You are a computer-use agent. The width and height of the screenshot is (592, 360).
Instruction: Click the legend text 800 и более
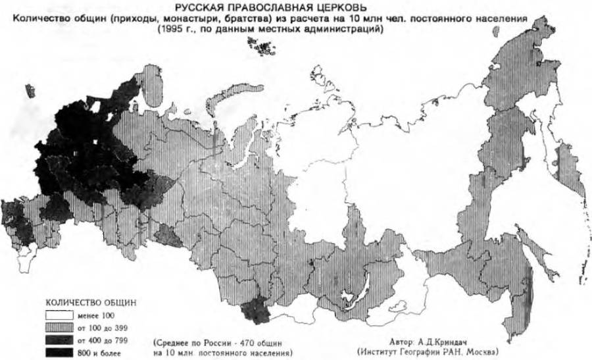pos(98,352)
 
